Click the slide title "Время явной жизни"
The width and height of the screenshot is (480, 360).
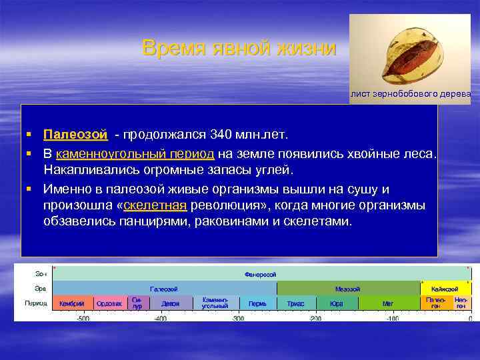click(x=239, y=49)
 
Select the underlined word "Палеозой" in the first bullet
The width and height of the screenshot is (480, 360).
click(x=75, y=135)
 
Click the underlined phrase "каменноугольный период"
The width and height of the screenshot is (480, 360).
click(x=135, y=153)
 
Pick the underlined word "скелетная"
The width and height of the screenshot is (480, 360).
click(x=157, y=205)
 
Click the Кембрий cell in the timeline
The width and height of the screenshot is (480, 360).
click(x=71, y=303)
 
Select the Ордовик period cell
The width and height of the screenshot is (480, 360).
click(x=109, y=303)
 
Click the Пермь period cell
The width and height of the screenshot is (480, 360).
click(x=257, y=303)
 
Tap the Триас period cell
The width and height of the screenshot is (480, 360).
click(x=295, y=303)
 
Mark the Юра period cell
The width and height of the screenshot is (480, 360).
click(x=336, y=303)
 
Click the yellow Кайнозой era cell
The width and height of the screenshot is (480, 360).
click(x=445, y=289)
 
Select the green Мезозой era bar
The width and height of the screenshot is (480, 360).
click(x=347, y=289)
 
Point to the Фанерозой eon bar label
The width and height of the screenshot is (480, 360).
click(x=261, y=274)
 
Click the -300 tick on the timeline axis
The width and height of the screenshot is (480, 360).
click(x=238, y=319)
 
